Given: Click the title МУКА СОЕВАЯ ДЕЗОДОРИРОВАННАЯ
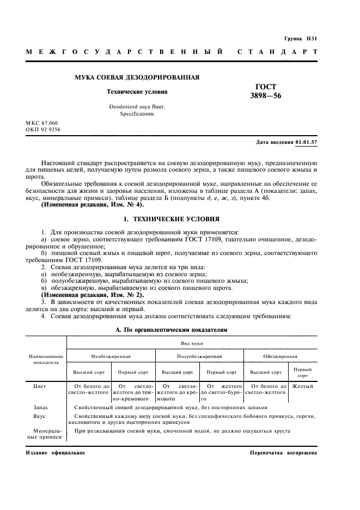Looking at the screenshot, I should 137,77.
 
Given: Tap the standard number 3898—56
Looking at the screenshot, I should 266,96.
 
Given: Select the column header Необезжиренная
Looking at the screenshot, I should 111,355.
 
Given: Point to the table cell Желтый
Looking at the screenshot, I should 302,386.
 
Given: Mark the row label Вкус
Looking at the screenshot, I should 39,416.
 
